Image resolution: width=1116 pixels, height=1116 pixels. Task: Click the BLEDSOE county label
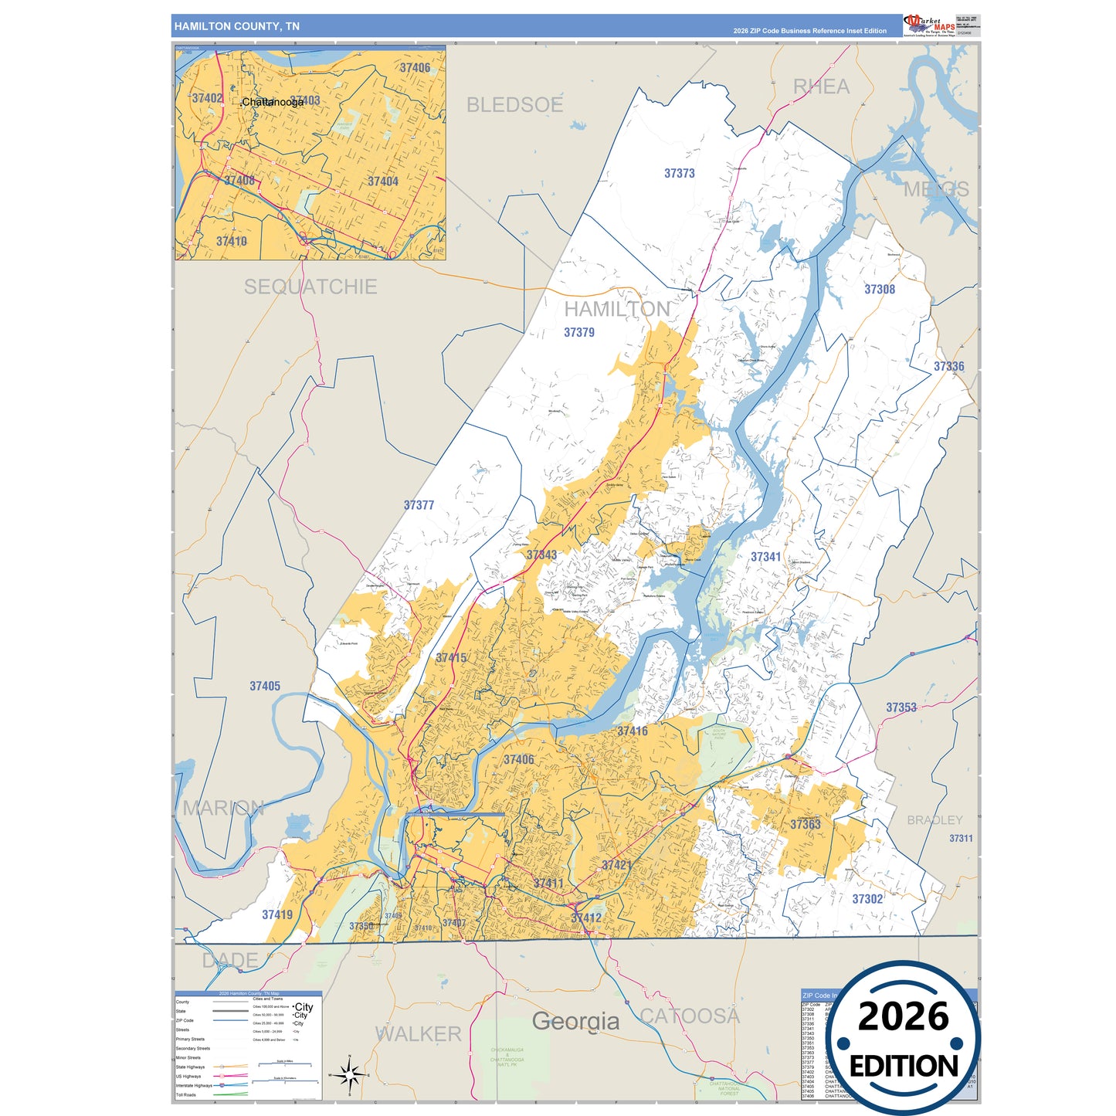[x=514, y=105]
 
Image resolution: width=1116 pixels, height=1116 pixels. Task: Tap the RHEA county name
[x=821, y=86]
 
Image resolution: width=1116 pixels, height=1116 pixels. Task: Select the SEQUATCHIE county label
[x=310, y=287]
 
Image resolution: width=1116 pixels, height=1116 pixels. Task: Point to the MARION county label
[x=223, y=808]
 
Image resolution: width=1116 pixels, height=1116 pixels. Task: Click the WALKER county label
[x=418, y=1033]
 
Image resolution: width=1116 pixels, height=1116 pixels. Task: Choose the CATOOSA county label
[x=690, y=1016]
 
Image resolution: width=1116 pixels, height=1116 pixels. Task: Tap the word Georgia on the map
[x=575, y=1021]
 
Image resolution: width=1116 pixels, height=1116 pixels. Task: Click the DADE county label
[x=230, y=960]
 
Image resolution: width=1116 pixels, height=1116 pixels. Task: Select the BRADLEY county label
[x=935, y=820]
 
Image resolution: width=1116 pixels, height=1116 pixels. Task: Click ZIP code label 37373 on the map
[x=680, y=174]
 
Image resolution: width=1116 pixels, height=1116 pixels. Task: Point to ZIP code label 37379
[x=579, y=333]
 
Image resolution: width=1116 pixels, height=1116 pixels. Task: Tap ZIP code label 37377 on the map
[x=419, y=505]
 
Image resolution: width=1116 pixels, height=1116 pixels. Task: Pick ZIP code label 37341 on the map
[x=765, y=557]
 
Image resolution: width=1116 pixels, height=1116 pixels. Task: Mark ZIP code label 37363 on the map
[x=805, y=825]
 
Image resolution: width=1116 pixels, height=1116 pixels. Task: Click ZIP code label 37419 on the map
[x=277, y=915]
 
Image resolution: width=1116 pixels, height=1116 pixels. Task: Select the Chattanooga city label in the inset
[x=273, y=102]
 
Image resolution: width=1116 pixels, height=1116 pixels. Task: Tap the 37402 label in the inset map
[x=207, y=98]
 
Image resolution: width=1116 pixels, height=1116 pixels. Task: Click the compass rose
[x=349, y=1074]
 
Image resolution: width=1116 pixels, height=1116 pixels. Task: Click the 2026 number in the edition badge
[x=903, y=1016]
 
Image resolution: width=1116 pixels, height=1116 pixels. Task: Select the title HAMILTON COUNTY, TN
[x=237, y=26]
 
